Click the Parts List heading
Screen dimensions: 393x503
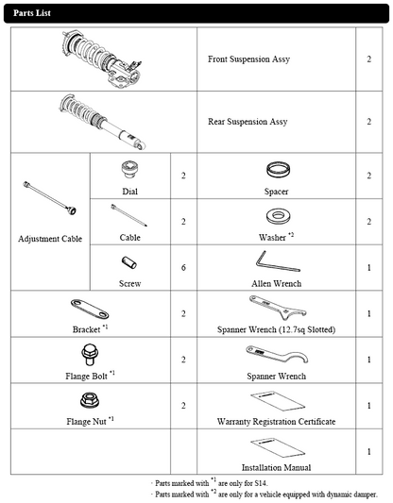(x=32, y=13)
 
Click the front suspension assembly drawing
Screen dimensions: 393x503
(x=101, y=59)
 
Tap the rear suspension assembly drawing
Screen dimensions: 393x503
(x=103, y=122)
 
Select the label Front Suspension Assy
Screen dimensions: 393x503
(x=248, y=59)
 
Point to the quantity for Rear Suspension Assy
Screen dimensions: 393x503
(x=369, y=122)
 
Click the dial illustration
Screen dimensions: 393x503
(x=129, y=169)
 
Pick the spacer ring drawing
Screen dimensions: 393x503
(x=278, y=170)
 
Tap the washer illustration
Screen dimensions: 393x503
(x=277, y=217)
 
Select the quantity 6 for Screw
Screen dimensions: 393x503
(x=183, y=267)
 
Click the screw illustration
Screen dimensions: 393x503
(x=129, y=262)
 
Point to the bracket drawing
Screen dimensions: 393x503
(x=90, y=309)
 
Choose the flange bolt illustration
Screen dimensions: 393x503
(x=90, y=355)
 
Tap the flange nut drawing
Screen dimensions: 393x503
(x=90, y=400)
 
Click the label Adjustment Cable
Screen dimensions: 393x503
(x=50, y=239)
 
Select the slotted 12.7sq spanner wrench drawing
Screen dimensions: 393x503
(x=278, y=308)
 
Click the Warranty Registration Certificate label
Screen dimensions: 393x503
(x=276, y=422)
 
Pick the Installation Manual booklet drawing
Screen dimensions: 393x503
(x=278, y=447)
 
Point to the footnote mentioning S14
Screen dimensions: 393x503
(x=210, y=482)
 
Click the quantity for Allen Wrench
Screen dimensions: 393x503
(x=369, y=267)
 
